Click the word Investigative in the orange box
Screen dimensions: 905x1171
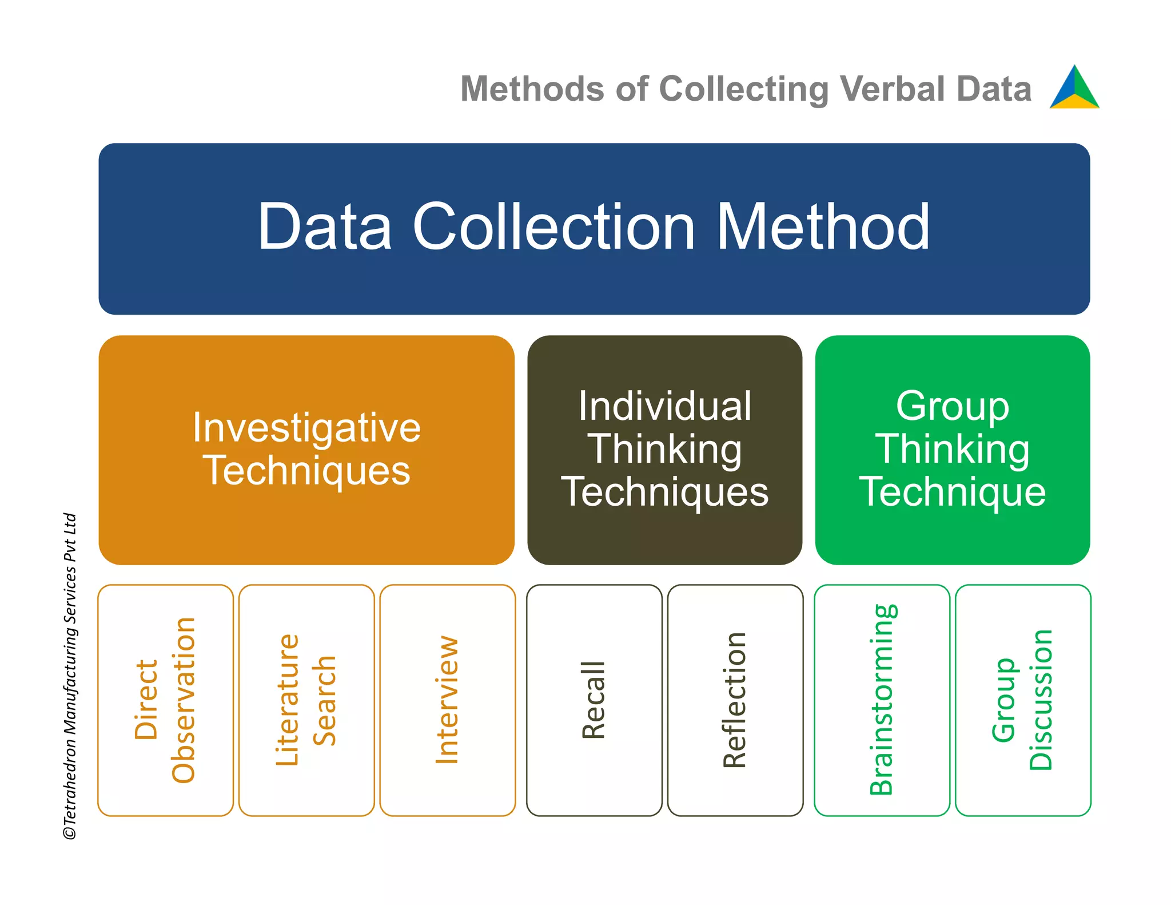306,427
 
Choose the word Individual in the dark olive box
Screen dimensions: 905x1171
664,406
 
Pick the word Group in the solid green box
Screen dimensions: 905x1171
952,406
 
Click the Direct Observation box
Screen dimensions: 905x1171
165,700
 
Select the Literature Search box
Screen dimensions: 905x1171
306,700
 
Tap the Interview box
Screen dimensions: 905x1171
447,700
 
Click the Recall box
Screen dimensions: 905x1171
594,700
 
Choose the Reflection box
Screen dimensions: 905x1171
735,700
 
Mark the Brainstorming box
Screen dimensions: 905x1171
881,700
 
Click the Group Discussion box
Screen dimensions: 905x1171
1022,700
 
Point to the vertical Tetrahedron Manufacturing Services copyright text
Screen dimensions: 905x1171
70,675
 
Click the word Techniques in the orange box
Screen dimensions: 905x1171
306,470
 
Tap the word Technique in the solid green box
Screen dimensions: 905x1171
952,491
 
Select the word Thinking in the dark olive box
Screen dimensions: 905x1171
664,449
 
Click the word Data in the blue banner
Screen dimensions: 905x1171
325,227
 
